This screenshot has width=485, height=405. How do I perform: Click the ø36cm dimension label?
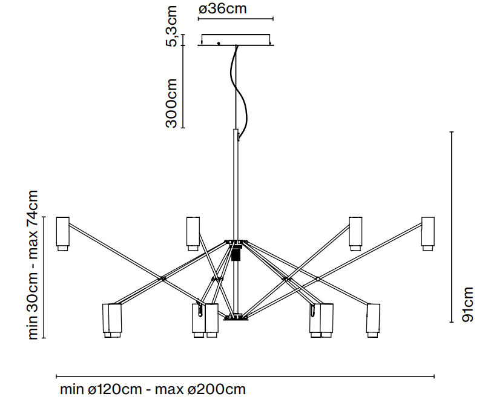pyautogui.click(x=222, y=8)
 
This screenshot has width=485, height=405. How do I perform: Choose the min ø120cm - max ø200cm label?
pyautogui.click(x=153, y=389)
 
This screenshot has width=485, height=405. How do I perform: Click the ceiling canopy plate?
pyautogui.click(x=236, y=39)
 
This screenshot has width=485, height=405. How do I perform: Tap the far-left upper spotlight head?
pyautogui.click(x=62, y=233)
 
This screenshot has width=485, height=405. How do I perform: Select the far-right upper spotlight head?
pyautogui.click(x=428, y=233)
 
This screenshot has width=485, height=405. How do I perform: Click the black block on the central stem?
pyautogui.click(x=237, y=252)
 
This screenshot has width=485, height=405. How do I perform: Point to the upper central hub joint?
pyautogui.click(x=237, y=242)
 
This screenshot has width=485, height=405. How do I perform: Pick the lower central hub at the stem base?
pyautogui.click(x=236, y=317)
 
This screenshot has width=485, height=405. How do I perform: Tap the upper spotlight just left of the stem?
pyautogui.click(x=193, y=233)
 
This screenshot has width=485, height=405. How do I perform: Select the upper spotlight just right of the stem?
pyautogui.click(x=355, y=233)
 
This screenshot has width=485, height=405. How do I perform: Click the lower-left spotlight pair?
pyautogui.click(x=112, y=320)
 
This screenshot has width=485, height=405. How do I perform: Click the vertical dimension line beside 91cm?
pyautogui.click(x=452, y=227)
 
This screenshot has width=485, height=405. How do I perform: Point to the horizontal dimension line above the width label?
pyautogui.click(x=245, y=377)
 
